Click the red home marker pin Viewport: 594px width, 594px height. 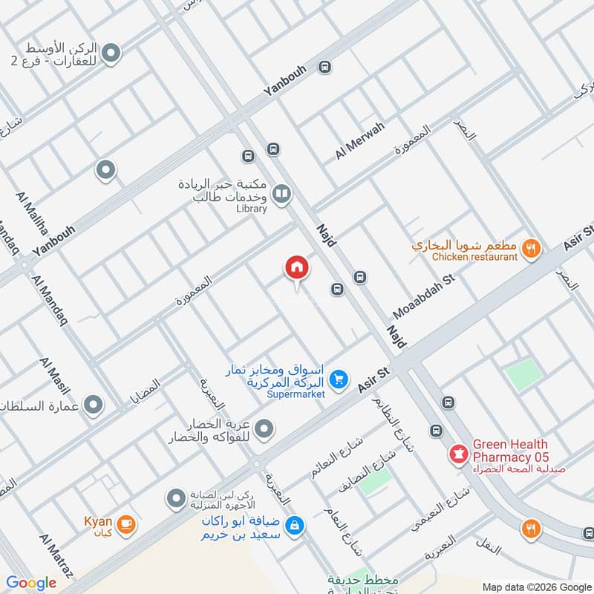[x=296, y=268]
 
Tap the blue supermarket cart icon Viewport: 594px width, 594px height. [x=339, y=379]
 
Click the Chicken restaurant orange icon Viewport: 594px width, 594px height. [x=530, y=248]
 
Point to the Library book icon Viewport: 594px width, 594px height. [x=281, y=195]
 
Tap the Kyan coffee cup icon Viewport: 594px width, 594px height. [x=125, y=524]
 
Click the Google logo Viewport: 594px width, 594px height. [x=31, y=583]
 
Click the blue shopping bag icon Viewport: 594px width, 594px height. [x=296, y=526]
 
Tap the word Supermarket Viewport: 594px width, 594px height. [x=296, y=394]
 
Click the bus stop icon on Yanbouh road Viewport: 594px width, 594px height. [x=324, y=68]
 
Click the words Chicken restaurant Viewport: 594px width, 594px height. [x=474, y=257]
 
